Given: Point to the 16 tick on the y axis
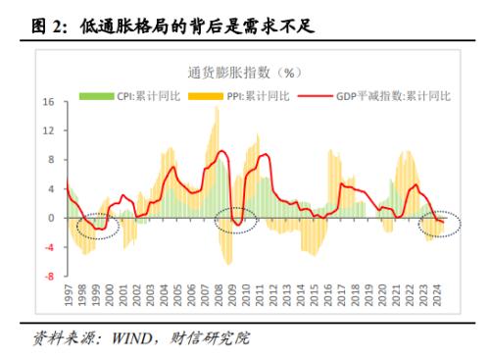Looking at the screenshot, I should [48, 102].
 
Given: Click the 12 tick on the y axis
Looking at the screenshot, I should [48, 130].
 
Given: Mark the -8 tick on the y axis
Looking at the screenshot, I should [48, 276].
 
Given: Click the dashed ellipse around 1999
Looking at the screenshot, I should [92, 227].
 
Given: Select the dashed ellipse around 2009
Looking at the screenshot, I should [236, 222].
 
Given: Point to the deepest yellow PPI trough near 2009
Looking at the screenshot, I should [228, 263].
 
